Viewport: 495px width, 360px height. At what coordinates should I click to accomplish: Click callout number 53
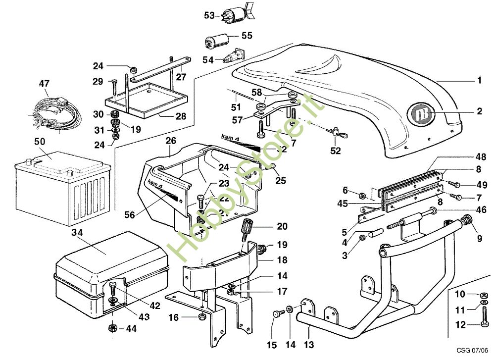click(209, 15)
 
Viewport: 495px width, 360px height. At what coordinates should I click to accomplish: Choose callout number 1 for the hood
click(479, 80)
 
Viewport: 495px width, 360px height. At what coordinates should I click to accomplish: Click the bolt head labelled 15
click(276, 313)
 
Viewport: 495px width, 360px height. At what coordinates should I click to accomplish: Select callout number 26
click(170, 141)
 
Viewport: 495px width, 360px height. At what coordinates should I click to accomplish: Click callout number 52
click(336, 151)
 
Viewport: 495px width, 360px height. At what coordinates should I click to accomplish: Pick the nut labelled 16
click(201, 316)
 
